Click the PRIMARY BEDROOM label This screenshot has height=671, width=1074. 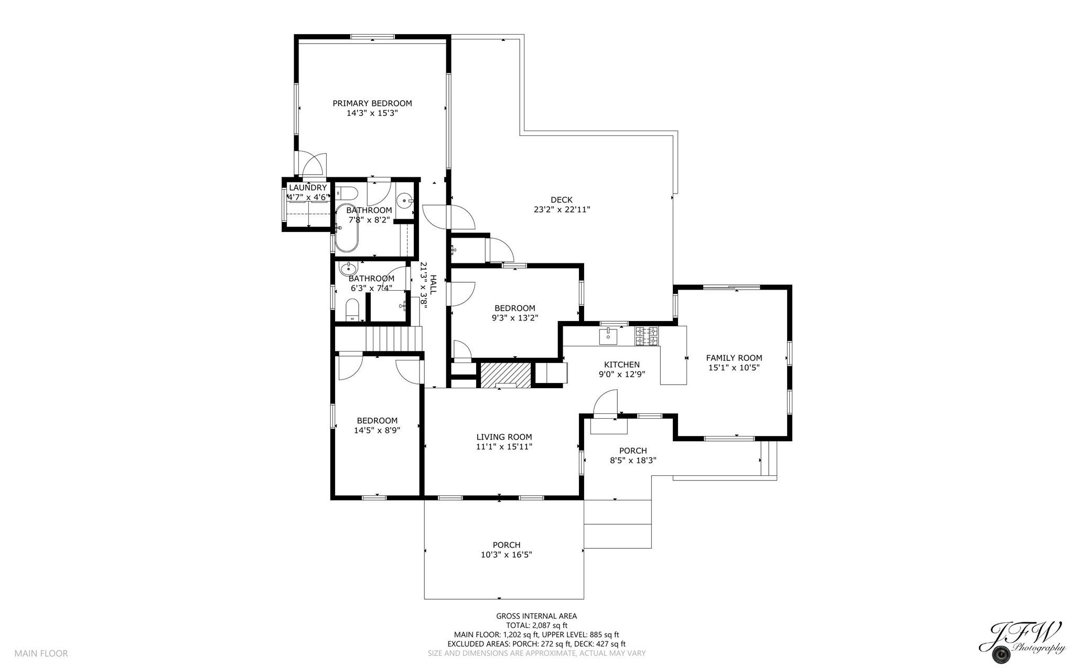click(372, 103)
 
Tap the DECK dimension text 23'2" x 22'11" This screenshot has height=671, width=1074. click(562, 209)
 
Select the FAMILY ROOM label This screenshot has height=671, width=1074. click(734, 358)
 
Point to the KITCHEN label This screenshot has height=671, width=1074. click(622, 365)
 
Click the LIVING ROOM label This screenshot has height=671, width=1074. click(504, 437)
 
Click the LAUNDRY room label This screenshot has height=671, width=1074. click(308, 188)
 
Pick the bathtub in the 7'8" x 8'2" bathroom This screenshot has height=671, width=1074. click(347, 228)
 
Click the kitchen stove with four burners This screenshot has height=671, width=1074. click(647, 336)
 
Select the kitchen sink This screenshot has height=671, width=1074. click(609, 335)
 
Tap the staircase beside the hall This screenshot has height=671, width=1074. click(394, 338)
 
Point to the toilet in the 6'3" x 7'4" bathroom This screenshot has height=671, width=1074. click(352, 310)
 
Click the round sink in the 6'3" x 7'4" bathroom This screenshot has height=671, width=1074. click(348, 269)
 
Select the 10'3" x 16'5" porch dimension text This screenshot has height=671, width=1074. click(507, 555)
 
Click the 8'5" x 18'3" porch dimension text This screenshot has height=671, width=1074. click(633, 461)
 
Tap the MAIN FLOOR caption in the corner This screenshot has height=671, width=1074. click(41, 654)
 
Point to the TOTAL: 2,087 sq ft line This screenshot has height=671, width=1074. click(536, 625)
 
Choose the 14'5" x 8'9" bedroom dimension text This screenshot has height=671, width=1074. click(377, 430)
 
